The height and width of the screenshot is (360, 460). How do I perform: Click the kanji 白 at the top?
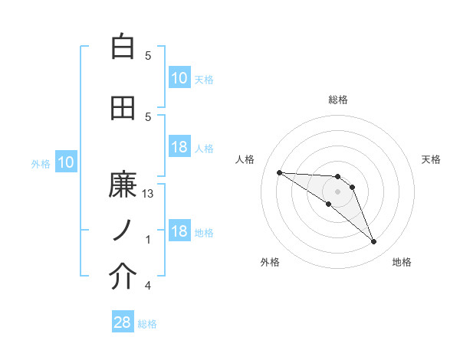(123, 47)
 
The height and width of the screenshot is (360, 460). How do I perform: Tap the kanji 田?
(123, 109)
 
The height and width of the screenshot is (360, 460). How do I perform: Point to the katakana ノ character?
(123, 231)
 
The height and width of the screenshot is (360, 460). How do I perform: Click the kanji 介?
(123, 277)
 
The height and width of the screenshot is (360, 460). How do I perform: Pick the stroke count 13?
(148, 195)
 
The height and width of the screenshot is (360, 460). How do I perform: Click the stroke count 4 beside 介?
(148, 286)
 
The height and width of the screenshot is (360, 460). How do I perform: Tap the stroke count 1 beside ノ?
(148, 240)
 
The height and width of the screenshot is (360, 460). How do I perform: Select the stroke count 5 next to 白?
(148, 56)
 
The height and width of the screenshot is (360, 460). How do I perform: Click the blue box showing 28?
(123, 322)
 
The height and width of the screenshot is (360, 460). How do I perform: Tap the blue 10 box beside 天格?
(179, 78)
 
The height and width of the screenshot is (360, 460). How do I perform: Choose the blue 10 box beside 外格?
(65, 162)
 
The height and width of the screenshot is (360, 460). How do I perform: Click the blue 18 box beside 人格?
(179, 147)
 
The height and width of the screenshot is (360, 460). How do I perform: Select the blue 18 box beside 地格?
(179, 232)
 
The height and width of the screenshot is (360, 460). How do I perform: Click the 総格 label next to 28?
(147, 324)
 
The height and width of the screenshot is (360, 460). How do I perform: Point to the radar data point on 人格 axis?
(279, 172)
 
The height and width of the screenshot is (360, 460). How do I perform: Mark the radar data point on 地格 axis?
(373, 242)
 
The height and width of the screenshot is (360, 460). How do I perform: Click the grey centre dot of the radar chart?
(337, 191)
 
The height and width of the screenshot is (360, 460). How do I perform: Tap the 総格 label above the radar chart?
(338, 100)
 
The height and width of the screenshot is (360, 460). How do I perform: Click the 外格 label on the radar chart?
(270, 262)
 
